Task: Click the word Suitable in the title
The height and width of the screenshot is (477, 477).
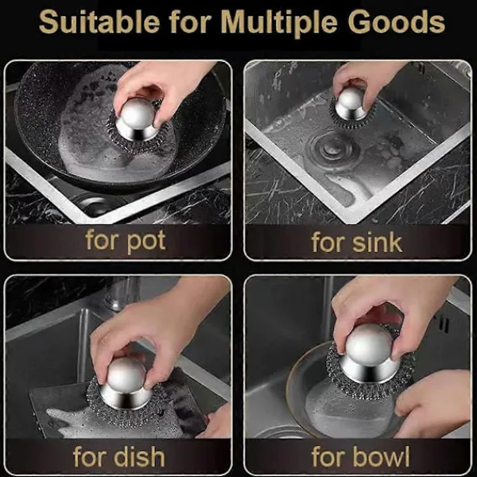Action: coord(99,21)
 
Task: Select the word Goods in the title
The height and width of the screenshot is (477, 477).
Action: coord(397,21)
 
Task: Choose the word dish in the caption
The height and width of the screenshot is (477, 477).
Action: coord(139,456)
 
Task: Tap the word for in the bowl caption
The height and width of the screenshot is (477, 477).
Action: coord(328,456)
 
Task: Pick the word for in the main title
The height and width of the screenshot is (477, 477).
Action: coord(190,21)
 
